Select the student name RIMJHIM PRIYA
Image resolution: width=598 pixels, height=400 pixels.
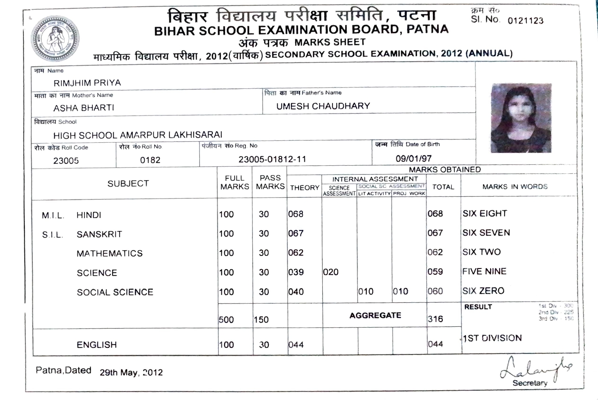pyautogui.click(x=88, y=83)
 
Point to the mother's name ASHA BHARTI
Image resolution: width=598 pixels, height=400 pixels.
pyautogui.click(x=83, y=108)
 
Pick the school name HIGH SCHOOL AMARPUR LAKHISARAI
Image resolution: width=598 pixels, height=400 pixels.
pyautogui.click(x=137, y=136)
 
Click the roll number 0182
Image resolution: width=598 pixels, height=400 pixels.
pyautogui.click(x=151, y=160)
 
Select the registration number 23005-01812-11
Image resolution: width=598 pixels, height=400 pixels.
pyautogui.click(x=273, y=160)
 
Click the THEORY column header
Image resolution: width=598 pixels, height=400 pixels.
pyautogui.click(x=305, y=188)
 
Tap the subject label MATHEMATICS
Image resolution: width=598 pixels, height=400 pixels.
pyautogui.click(x=109, y=254)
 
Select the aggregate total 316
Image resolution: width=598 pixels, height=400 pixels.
pyautogui.click(x=436, y=319)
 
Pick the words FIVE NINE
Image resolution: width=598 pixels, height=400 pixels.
pyautogui.click(x=484, y=271)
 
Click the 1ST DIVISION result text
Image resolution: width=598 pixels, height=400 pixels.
pyautogui.click(x=492, y=338)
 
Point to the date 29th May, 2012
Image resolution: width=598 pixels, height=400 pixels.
pyautogui.click(x=131, y=373)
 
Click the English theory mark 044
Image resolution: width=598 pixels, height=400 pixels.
pyautogui.click(x=296, y=345)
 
